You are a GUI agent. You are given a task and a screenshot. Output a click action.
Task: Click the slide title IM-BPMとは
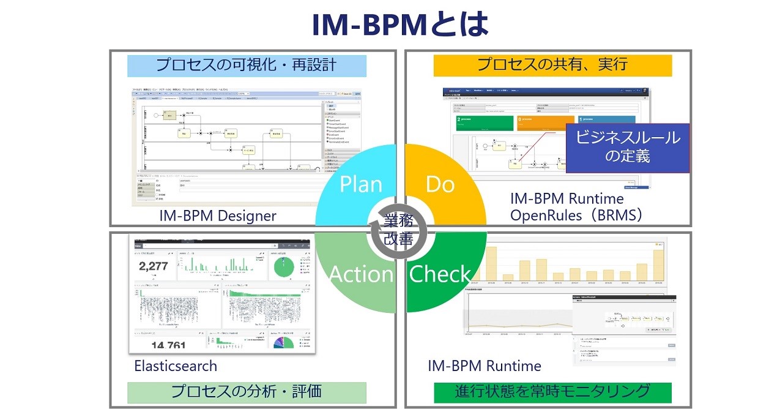pyautogui.click(x=400, y=24)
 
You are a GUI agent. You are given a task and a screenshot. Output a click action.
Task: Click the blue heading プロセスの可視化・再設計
pyautogui.click(x=247, y=66)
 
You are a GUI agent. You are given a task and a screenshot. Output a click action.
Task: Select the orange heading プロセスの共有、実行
pyautogui.click(x=552, y=65)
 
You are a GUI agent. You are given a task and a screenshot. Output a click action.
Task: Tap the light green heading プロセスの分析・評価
pyautogui.click(x=247, y=392)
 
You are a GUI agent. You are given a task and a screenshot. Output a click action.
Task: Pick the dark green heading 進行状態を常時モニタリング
pyautogui.click(x=552, y=392)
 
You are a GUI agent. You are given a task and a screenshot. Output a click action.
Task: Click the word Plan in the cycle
pyautogui.click(x=361, y=184)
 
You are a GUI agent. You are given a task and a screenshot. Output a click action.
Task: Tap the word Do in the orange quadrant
pyautogui.click(x=440, y=184)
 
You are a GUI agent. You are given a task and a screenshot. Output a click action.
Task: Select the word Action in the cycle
pyautogui.click(x=361, y=274)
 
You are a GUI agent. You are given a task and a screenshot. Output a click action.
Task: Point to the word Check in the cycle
pyautogui.click(x=440, y=274)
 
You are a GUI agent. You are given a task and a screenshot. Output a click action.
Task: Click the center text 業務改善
pyautogui.click(x=398, y=230)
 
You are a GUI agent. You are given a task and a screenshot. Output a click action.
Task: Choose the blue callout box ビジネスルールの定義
pyautogui.click(x=628, y=148)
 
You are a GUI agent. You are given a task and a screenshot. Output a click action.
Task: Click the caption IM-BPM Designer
pyautogui.click(x=218, y=216)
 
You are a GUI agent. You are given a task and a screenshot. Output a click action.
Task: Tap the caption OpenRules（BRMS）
pyautogui.click(x=576, y=216)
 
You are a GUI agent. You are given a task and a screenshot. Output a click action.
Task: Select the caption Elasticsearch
pyautogui.click(x=176, y=366)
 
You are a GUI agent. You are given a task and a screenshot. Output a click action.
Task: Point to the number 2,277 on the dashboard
pyautogui.click(x=154, y=266)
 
